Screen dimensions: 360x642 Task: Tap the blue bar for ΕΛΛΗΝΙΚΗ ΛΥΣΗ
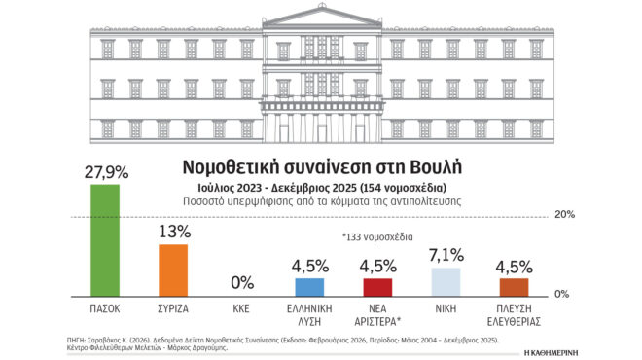(x=309, y=287)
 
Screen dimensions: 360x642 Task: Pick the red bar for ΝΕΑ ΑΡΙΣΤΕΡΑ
(x=377, y=287)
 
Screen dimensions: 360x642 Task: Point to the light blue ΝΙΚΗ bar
(x=446, y=282)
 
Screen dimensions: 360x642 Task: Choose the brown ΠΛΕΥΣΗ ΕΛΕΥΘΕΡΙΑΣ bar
(x=514, y=287)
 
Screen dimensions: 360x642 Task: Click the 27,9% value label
(x=105, y=171)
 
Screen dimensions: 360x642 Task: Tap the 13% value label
(x=173, y=232)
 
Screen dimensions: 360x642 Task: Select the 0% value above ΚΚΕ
(x=241, y=283)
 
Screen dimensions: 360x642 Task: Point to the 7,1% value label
(x=446, y=255)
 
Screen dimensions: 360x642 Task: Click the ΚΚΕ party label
(x=241, y=307)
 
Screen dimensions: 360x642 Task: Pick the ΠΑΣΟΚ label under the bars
(x=105, y=307)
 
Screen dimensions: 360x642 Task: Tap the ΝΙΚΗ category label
(x=446, y=307)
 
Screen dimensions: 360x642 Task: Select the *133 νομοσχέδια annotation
(x=377, y=237)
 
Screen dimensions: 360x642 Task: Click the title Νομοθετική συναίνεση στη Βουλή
(x=321, y=162)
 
